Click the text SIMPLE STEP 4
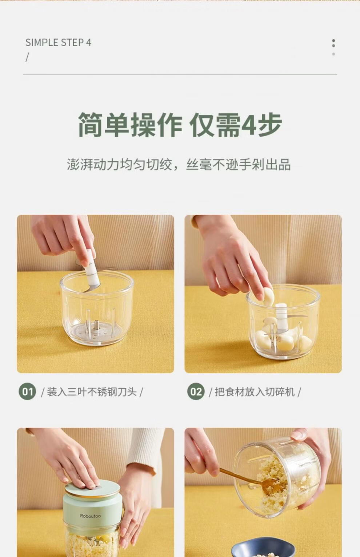point(58,43)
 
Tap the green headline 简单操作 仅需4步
point(180,125)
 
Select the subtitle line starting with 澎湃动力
point(179,164)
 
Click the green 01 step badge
point(27,391)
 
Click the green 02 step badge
point(196,391)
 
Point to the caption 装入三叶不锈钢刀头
point(92,392)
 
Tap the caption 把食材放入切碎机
point(255,392)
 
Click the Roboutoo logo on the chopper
point(90,516)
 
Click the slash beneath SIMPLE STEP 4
point(27,57)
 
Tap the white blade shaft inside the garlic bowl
point(281,318)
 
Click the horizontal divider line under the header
point(180,74)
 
